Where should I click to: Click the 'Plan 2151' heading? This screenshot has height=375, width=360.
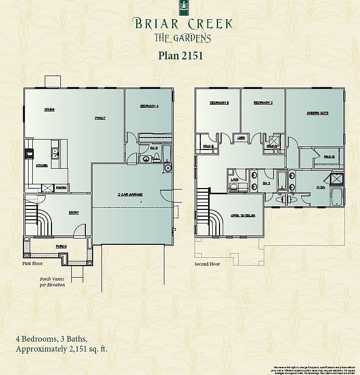coord(180,55)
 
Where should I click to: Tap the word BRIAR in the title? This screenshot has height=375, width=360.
coord(153,24)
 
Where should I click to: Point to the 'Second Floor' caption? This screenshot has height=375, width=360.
coord(207,264)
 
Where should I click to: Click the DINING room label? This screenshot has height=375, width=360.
coord(49,109)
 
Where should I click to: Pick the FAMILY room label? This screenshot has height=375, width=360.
coord(100,118)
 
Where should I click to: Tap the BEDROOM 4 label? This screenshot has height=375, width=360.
coord(149,106)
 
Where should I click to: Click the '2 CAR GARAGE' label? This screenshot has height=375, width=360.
coord(130,194)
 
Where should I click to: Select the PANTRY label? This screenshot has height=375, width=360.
coord(61,187)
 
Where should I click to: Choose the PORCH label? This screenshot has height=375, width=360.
coord(61,246)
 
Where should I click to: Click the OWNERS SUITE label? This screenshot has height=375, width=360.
coord(317,113)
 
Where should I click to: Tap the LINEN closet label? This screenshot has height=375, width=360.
coord(241,138)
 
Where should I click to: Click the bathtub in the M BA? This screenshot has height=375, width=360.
coord(336,196)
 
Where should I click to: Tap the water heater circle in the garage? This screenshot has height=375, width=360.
coord(168,168)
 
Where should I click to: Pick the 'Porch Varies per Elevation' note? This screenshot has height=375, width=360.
coord(53,282)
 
